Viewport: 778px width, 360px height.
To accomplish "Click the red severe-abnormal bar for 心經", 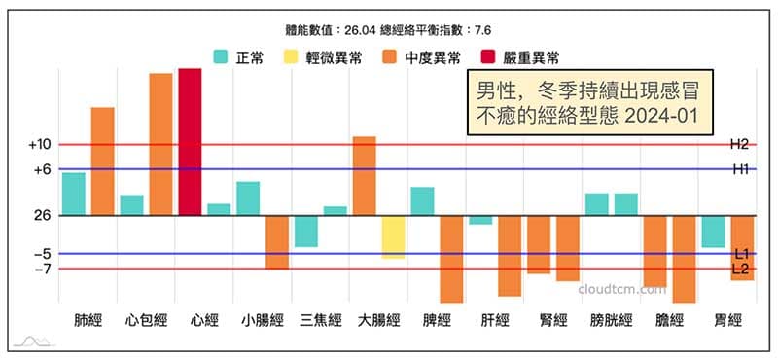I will coord(190,142).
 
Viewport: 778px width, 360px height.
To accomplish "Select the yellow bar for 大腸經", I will coord(393,236).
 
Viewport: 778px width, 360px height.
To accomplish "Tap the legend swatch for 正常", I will coord(221,57).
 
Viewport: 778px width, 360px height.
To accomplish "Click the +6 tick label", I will coord(40,169).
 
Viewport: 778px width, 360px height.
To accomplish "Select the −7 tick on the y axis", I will coord(40,269).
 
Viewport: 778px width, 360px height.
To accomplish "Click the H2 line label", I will coord(739,144).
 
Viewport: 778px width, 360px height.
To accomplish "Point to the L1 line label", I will coord(740,254).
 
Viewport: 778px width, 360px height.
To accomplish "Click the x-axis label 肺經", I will coord(88,319).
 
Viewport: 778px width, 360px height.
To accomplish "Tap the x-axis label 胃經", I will coord(727,319).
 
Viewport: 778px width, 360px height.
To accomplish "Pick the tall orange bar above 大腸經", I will coord(364,176).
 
